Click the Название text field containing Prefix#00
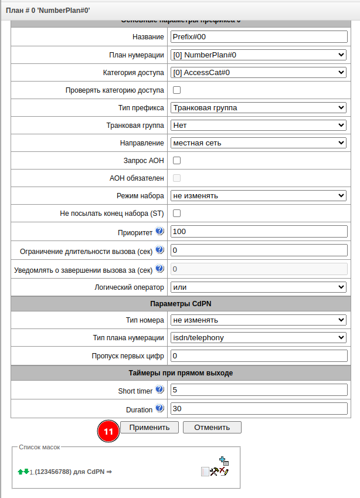(x=259, y=37)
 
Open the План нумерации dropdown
(x=259, y=55)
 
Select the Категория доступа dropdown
(x=259, y=73)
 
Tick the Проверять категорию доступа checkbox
(x=176, y=90)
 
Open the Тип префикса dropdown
(x=259, y=108)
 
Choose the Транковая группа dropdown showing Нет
(x=259, y=126)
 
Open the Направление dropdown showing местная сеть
(x=259, y=143)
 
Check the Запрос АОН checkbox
(x=176, y=160)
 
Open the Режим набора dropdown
(x=259, y=195)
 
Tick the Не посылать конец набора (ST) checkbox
(x=176, y=213)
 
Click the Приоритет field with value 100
(x=259, y=232)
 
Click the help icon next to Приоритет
(x=159, y=231)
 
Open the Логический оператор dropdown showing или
(x=259, y=287)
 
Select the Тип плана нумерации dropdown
(x=259, y=338)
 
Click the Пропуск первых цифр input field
(x=259, y=356)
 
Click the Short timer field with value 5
(x=259, y=390)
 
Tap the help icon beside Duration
(x=159, y=408)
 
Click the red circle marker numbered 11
(x=108, y=431)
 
